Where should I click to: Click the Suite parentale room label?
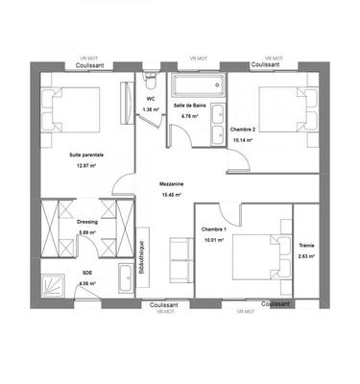[86, 155]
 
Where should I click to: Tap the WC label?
[151, 98]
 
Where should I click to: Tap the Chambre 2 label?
[244, 128]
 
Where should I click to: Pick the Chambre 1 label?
[213, 229]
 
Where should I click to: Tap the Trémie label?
[306, 245]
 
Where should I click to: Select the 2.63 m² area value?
[306, 256]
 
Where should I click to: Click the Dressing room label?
[87, 222]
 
